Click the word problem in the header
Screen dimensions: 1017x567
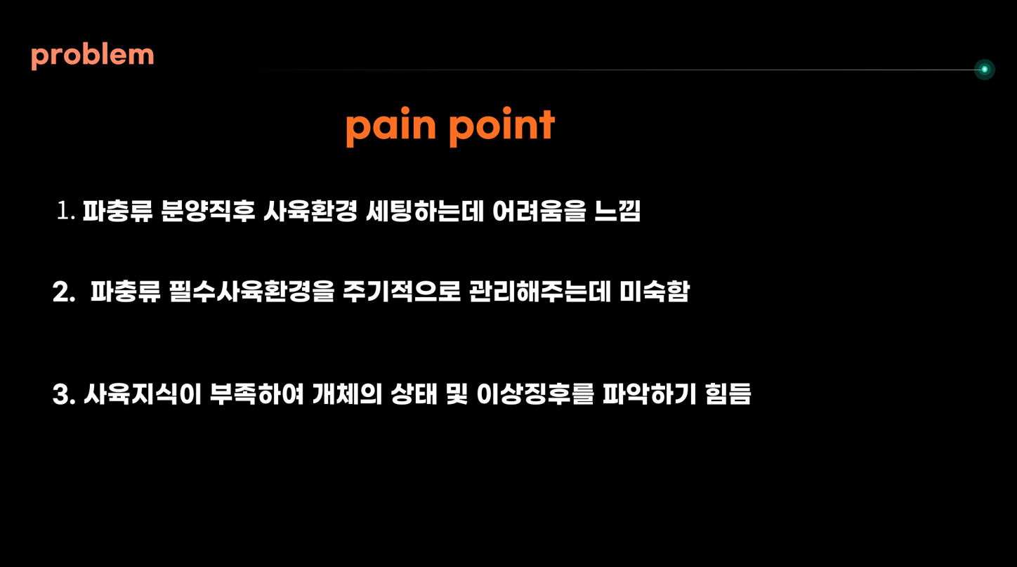93,57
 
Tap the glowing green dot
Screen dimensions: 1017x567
984,70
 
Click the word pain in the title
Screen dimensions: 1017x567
391,126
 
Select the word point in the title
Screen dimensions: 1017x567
502,126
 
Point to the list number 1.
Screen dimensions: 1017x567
66,211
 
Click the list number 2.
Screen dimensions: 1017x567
64,292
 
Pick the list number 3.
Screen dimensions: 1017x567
64,394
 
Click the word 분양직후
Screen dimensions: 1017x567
208,211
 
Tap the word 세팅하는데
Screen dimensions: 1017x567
425,211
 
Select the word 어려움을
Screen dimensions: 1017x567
539,211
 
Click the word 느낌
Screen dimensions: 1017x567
617,211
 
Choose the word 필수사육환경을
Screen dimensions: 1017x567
251,292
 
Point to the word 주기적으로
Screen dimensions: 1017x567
402,292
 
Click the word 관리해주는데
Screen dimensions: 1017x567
540,292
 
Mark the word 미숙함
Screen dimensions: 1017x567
655,292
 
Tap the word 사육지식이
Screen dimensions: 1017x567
143,394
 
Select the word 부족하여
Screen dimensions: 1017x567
256,394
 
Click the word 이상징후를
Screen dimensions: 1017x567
535,394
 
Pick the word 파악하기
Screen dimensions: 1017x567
650,394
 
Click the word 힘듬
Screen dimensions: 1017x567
728,394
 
